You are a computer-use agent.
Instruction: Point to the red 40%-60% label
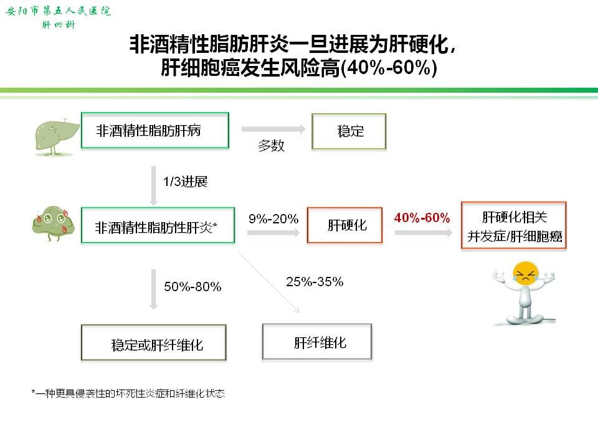[x=422, y=218]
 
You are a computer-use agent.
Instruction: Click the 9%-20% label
[x=273, y=218]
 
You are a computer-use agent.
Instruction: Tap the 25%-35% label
[x=315, y=281]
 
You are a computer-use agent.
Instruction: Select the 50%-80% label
[x=192, y=286]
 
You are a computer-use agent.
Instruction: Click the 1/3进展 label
[x=186, y=181]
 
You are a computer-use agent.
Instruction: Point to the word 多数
[x=271, y=146]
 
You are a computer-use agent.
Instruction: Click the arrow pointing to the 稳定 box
[x=273, y=129]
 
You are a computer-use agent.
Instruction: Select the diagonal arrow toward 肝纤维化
[x=269, y=282]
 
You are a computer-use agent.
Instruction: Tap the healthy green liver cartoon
[x=57, y=136]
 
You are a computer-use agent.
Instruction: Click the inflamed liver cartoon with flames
[x=54, y=223]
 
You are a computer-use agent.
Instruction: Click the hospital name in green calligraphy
[x=58, y=11]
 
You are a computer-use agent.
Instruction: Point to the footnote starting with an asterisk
[x=128, y=393]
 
